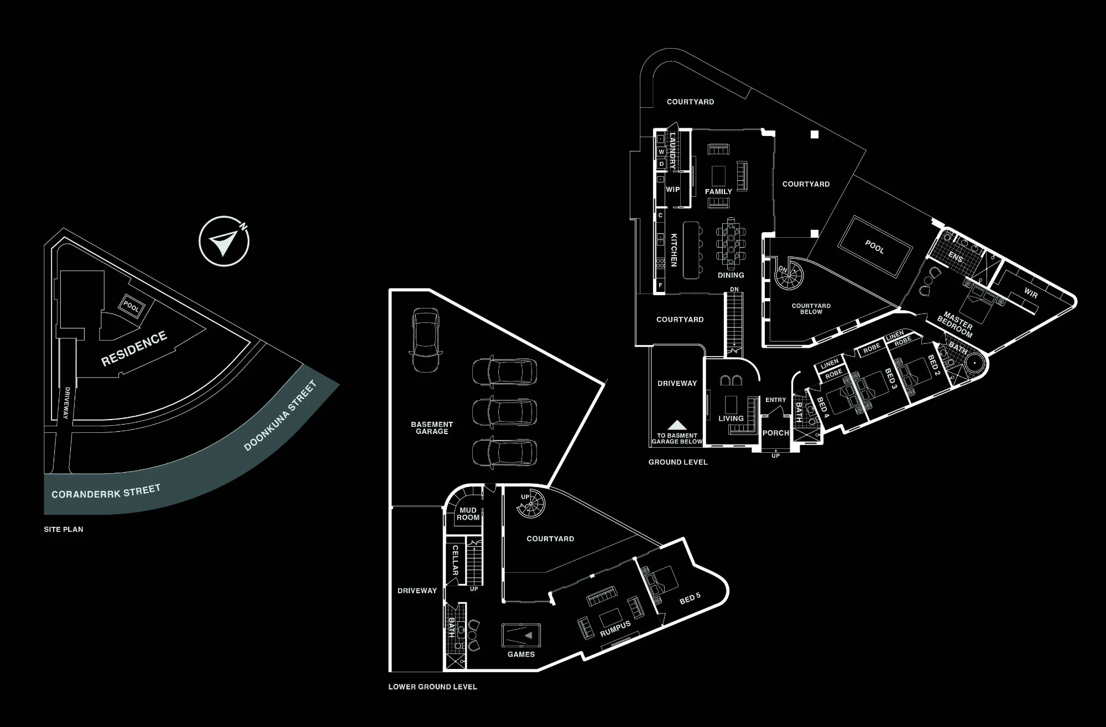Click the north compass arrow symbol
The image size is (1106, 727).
pyautogui.click(x=224, y=242)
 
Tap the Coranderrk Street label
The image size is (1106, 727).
pyautogui.click(x=106, y=491)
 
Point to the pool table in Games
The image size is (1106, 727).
pyautogui.click(x=521, y=635)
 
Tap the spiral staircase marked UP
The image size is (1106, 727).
pyautogui.click(x=530, y=504)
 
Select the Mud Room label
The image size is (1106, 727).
pyautogui.click(x=468, y=514)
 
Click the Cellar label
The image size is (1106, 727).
pyautogui.click(x=455, y=560)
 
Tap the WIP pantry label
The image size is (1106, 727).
pyautogui.click(x=672, y=189)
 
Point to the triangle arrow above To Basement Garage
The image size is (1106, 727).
pyautogui.click(x=676, y=425)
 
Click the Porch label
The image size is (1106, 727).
pyautogui.click(x=775, y=433)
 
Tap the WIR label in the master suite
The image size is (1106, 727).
pyautogui.click(x=1031, y=292)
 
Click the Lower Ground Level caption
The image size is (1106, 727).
pyautogui.click(x=432, y=687)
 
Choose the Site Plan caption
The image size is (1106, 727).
pyautogui.click(x=64, y=529)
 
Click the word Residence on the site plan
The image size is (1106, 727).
pyautogui.click(x=134, y=349)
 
